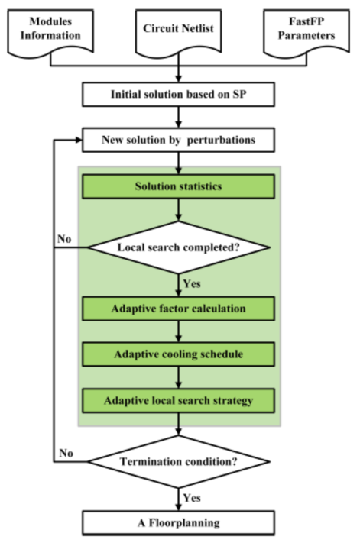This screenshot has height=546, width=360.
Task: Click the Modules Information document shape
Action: point(50,32)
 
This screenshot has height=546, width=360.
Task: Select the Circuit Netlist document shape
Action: point(178,32)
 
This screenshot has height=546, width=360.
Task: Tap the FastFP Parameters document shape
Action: point(306,32)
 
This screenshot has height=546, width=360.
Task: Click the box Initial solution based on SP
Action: point(178,95)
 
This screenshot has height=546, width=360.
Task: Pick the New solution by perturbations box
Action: point(178,140)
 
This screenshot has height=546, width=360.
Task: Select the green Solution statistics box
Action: point(178,186)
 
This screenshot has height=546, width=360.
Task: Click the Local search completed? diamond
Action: point(178,247)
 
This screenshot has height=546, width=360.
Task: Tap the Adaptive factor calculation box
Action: point(178,309)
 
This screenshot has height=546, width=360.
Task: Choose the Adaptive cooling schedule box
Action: point(178,354)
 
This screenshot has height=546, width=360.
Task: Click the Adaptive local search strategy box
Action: point(178,401)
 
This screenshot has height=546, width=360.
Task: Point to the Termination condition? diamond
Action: point(178,462)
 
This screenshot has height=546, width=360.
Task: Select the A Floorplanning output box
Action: point(178,522)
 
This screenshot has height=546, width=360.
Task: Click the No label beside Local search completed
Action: point(64,239)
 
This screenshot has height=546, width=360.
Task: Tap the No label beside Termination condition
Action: point(66,453)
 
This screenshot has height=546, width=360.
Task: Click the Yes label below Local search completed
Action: point(192,283)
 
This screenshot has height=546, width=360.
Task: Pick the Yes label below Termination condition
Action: point(192,498)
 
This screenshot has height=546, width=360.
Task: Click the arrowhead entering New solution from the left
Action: point(79,140)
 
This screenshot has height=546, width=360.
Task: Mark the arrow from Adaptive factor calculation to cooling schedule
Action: point(178,331)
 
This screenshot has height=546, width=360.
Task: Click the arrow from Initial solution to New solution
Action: point(178,117)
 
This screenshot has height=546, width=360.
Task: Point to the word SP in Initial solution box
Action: point(239,95)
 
